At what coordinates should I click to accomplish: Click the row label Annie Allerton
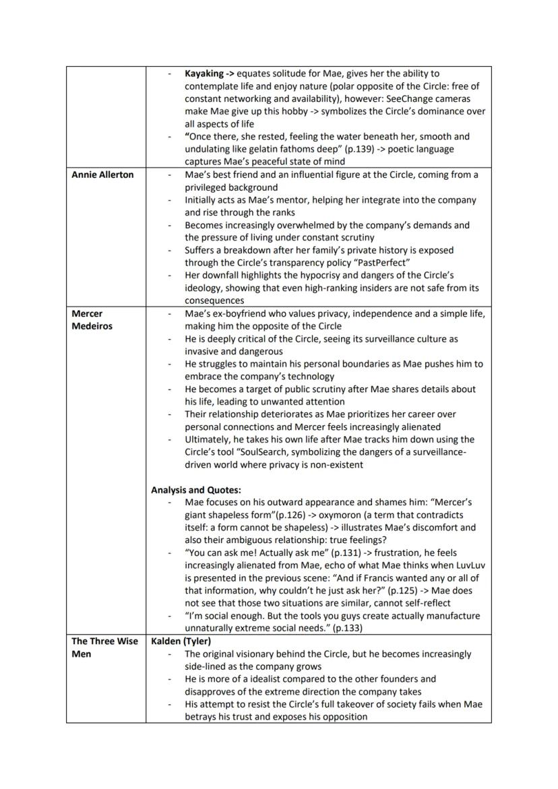tap(102, 175)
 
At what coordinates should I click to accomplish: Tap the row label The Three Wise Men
tap(104, 647)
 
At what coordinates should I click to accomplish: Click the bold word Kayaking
tap(205, 73)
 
